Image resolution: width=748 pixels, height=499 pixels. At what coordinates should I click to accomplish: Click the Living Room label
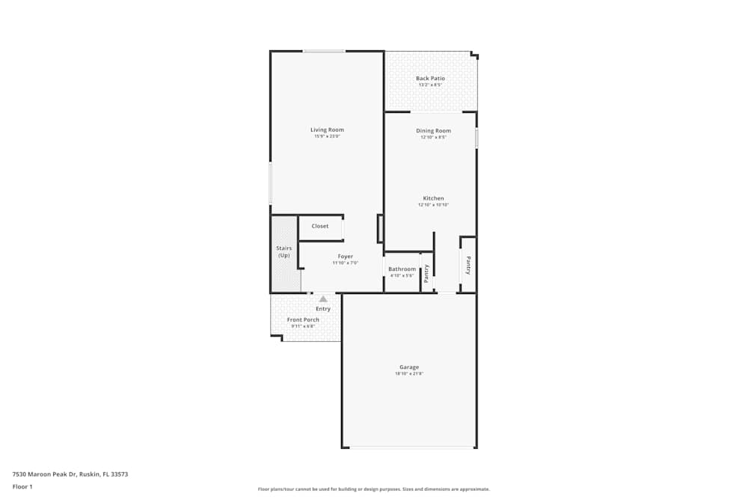[x=327, y=130]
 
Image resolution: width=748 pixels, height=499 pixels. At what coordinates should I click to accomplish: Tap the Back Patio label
[x=430, y=78]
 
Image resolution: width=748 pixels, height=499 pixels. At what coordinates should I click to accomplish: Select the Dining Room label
[x=433, y=131]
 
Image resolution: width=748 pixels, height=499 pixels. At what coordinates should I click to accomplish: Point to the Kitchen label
[x=433, y=198]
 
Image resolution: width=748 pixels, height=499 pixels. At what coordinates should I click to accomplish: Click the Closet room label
[x=320, y=226]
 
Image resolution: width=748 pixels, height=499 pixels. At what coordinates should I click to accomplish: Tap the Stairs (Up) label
[x=284, y=251]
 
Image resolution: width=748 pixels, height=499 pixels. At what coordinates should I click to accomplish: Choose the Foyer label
[x=345, y=257]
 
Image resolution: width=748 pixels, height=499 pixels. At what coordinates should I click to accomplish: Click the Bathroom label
[x=402, y=269]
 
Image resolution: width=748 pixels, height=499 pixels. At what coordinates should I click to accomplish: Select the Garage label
[x=408, y=367]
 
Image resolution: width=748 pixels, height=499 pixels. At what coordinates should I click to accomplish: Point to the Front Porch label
[x=303, y=319]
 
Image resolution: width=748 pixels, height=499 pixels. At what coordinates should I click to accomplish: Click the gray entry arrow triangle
[x=323, y=299]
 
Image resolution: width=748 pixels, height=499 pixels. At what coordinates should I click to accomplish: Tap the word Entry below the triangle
[x=323, y=309]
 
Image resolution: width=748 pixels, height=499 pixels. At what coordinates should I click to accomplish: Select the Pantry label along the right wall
[x=468, y=266]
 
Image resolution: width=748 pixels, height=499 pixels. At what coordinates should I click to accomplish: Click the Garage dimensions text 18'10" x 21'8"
[x=408, y=374]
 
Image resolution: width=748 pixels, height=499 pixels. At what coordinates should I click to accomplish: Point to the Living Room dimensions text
[x=327, y=137]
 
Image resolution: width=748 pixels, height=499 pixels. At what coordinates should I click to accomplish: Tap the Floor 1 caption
[x=22, y=486]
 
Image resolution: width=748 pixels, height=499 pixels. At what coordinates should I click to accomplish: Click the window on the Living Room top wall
[x=324, y=51]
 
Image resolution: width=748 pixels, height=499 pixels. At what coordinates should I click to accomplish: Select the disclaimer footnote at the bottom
[x=373, y=489]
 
